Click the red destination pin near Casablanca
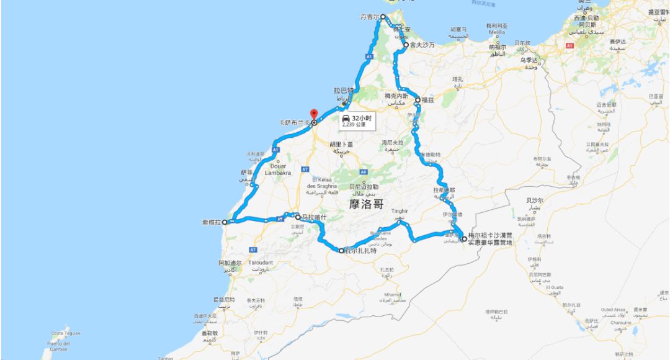click(x=314, y=114)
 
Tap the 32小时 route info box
click(x=357, y=120)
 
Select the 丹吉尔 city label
click(x=369, y=17)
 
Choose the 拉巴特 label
click(x=342, y=90)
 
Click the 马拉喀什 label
click(x=313, y=217)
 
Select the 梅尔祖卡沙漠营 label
click(x=490, y=235)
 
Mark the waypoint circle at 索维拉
click(x=230, y=222)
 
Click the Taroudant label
click(x=260, y=263)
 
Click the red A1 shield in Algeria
click(x=569, y=45)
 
